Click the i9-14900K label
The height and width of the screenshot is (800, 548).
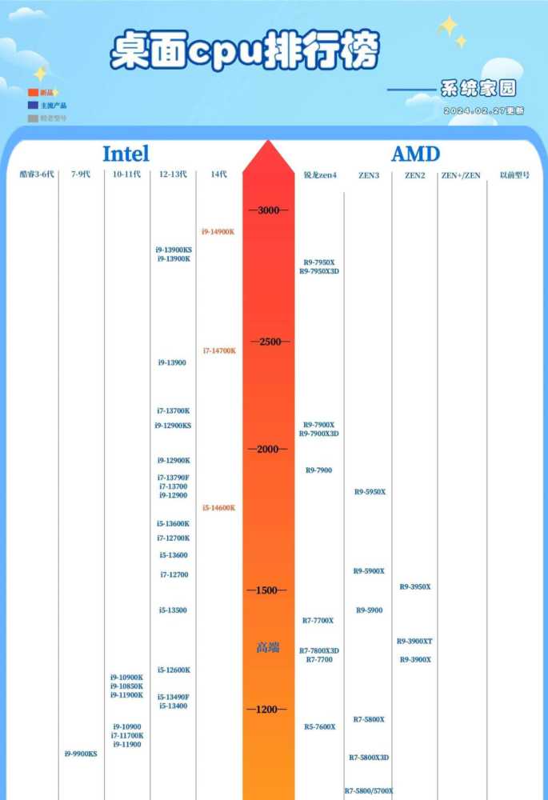tap(218, 232)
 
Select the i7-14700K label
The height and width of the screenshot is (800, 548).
tap(218, 350)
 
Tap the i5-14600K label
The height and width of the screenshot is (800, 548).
tap(218, 508)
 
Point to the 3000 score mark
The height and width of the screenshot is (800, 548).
tap(269, 210)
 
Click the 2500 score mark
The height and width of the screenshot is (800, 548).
tap(269, 342)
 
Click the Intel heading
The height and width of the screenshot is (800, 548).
tap(126, 154)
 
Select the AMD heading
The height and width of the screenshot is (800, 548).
tap(415, 154)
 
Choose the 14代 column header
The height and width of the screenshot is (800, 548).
tap(218, 174)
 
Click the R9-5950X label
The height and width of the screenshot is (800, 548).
tap(370, 492)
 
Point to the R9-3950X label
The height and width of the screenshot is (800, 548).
tap(415, 586)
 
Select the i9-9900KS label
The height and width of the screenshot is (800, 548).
tap(81, 754)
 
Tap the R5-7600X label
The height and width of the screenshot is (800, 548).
tap(319, 726)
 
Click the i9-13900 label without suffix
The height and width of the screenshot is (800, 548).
tap(172, 362)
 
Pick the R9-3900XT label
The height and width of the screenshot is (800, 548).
tap(414, 641)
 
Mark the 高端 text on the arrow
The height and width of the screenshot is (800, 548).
tap(268, 648)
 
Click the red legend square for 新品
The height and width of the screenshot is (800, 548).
tap(33, 93)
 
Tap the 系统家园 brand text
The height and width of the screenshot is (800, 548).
tap(478, 89)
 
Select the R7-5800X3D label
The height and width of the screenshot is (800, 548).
tap(369, 757)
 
